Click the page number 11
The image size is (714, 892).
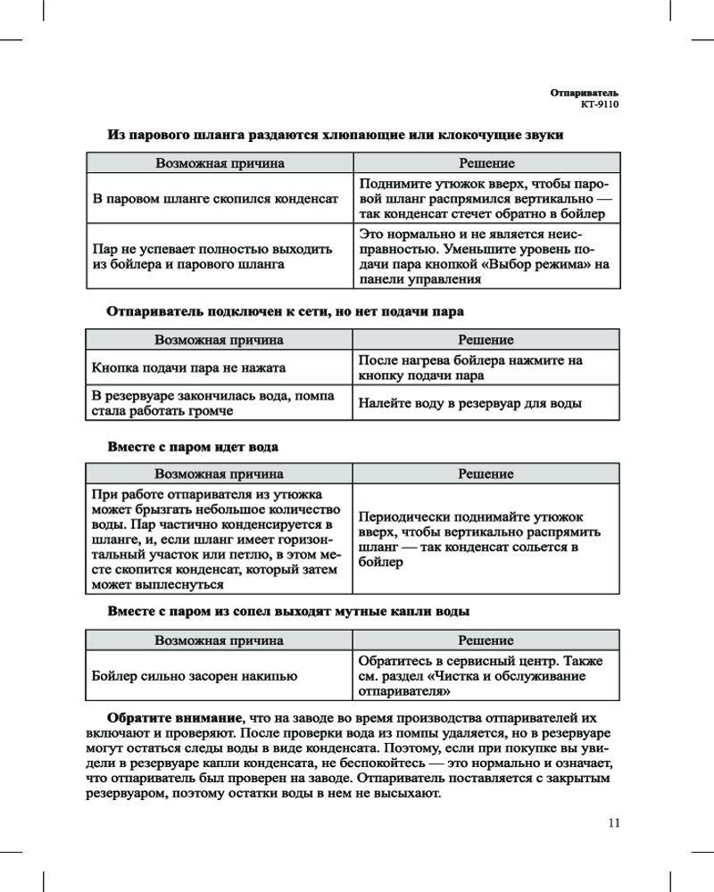tap(613, 822)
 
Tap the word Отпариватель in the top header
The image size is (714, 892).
tap(584, 93)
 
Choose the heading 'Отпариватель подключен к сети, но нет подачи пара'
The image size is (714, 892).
tap(286, 311)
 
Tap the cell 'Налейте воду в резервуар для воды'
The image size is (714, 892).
tap(470, 403)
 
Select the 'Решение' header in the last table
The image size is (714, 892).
tap(486, 640)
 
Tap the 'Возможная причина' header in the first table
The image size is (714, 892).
tap(220, 164)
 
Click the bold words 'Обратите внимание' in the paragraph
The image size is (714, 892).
tap(174, 718)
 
